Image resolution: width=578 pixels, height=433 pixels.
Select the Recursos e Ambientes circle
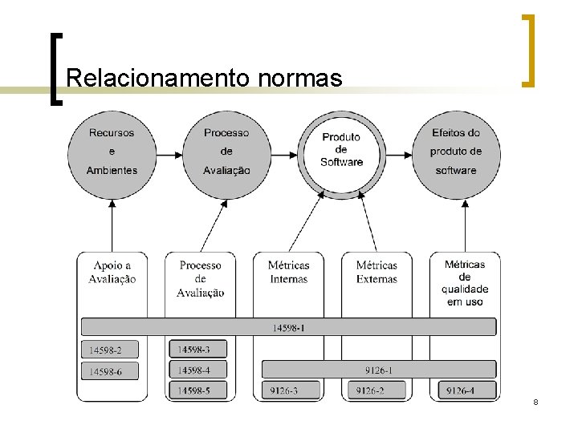coord(112,152)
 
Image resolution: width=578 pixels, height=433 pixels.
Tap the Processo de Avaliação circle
coord(226,152)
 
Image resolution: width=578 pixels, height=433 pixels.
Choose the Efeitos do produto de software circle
coord(456,152)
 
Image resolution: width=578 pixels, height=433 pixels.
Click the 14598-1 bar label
coord(288,327)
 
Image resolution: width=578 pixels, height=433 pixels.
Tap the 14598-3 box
coord(197,350)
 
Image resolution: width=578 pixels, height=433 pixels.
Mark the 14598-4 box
coord(197,370)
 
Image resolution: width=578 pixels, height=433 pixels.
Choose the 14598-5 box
coord(197,391)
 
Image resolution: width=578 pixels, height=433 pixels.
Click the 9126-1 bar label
coord(378,370)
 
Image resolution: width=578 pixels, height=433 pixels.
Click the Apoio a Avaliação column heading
coord(112,273)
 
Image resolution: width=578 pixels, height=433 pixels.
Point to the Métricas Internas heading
coord(289,273)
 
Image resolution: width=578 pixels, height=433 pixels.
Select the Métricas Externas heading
coord(377,273)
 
